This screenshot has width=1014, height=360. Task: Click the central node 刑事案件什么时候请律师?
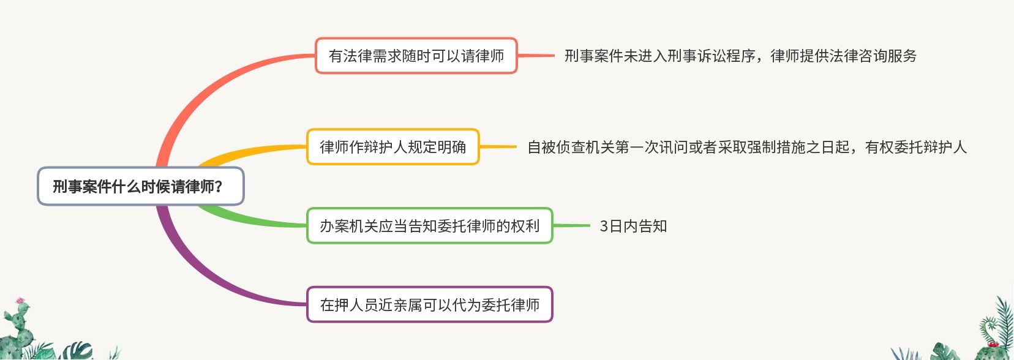(140, 186)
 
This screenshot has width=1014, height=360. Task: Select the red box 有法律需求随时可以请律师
(416, 56)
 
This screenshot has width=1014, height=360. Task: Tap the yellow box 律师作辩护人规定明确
(392, 147)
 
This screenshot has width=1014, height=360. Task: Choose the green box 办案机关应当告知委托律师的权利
(429, 226)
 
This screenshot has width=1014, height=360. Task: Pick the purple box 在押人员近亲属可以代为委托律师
(429, 305)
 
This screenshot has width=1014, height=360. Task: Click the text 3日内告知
(633, 227)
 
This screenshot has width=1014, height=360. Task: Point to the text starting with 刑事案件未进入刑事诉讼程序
(740, 56)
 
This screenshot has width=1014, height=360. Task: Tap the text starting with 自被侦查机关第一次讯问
(746, 148)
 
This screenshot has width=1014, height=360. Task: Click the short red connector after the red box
(536, 56)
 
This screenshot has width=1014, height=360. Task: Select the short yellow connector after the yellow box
(498, 147)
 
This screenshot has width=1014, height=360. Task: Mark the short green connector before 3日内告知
(571, 226)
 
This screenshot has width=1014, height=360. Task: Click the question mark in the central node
(219, 187)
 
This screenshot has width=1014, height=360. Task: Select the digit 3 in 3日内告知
(604, 227)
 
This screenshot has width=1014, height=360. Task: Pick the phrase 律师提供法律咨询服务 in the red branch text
(843, 56)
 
